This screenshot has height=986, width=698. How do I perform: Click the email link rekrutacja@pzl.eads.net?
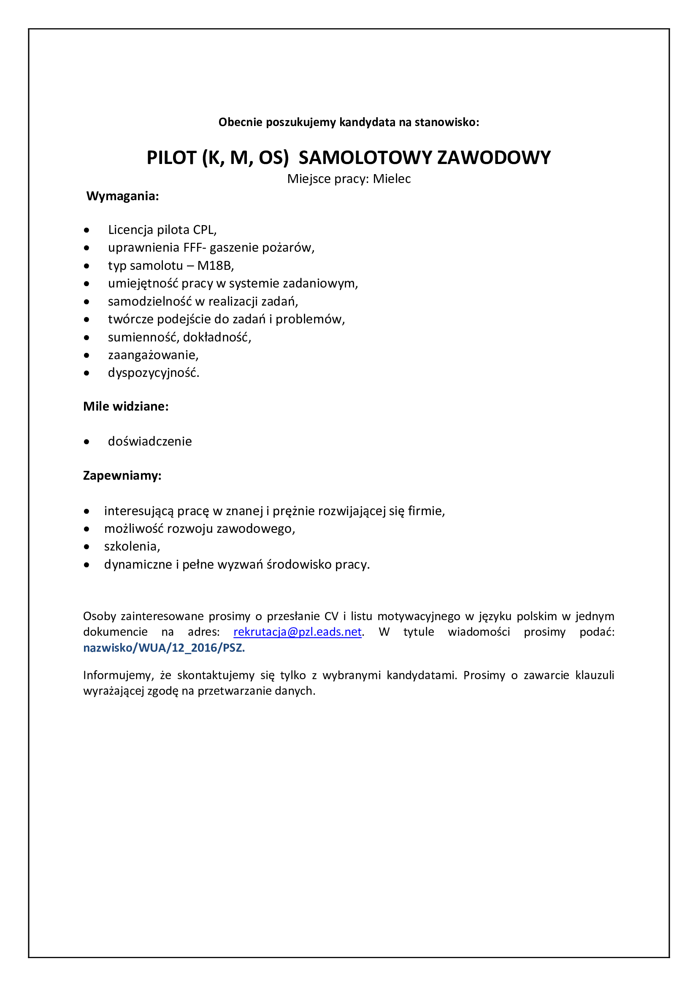(298, 632)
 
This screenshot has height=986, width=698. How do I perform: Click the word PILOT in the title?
(171, 158)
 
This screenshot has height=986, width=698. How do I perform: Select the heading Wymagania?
(122, 196)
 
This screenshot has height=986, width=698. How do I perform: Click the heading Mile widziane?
(125, 406)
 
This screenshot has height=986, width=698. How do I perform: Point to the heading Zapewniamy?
(122, 476)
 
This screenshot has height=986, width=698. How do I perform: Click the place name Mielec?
(392, 179)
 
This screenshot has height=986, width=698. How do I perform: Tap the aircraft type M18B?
(214, 266)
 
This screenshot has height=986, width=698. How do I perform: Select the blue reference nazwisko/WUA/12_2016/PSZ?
(164, 647)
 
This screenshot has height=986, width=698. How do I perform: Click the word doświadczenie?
(149, 441)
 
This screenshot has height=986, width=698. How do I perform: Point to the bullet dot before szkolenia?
(87, 547)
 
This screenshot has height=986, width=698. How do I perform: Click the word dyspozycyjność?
(153, 373)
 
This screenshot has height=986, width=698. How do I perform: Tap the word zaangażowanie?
(153, 355)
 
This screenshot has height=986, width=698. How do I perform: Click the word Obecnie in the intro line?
(240, 122)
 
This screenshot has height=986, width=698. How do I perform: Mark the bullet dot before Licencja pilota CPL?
(87, 230)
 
